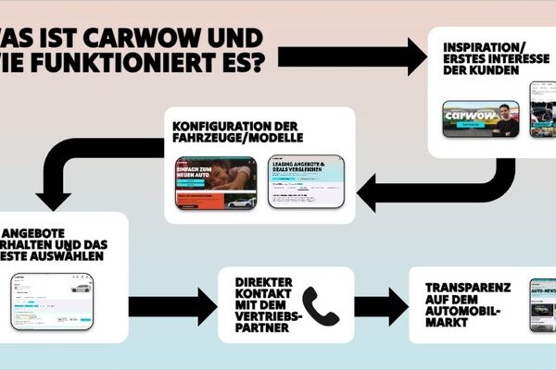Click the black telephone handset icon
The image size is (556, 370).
[321, 305]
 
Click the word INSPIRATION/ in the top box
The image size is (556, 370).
[481, 47]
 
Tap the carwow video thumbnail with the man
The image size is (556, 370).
[479, 119]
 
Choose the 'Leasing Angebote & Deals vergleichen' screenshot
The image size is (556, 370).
[305, 181]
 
